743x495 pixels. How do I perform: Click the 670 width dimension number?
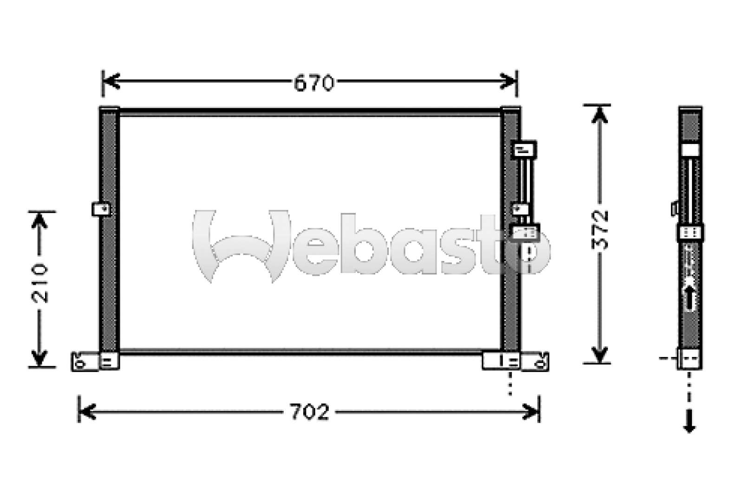point(313,83)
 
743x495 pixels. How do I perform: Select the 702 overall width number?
point(310,412)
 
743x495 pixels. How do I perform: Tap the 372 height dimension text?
point(601,231)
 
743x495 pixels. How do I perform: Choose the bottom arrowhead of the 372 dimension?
point(600,355)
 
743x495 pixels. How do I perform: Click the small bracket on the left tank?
point(101,209)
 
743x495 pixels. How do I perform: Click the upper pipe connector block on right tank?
point(523,150)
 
